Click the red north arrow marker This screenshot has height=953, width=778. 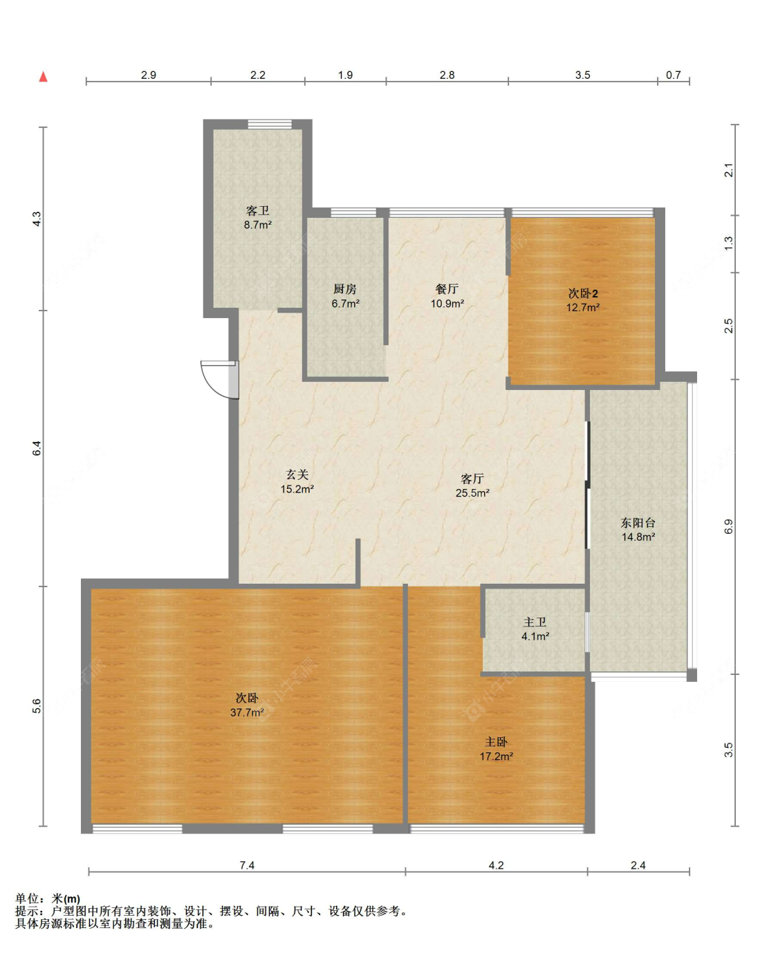44,77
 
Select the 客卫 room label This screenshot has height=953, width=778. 257,210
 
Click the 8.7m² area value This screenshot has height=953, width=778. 257,225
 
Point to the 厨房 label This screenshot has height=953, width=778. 344,289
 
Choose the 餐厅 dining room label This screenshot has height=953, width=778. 447,289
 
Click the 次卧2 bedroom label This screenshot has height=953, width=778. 583,293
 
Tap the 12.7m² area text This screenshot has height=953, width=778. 583,307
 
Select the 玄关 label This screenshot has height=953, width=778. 297,474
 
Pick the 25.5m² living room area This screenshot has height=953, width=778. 472,492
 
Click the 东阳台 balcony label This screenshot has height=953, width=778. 638,523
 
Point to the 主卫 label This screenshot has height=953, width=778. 535,622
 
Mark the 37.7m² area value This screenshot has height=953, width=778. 247,712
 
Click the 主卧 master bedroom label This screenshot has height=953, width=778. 496,741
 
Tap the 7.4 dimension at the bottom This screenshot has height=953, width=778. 247,865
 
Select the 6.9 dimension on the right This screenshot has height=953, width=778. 728,527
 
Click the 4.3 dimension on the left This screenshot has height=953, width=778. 37,219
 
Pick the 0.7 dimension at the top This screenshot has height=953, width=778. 673,75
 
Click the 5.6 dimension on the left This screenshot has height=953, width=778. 37,706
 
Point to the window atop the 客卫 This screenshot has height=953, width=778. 270,124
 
